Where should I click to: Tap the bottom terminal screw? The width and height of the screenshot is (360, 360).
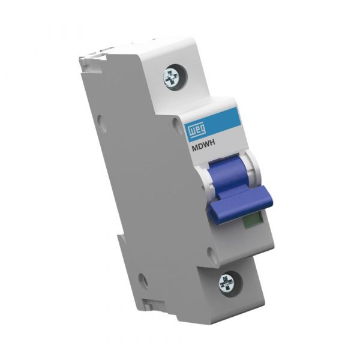tap(228, 281)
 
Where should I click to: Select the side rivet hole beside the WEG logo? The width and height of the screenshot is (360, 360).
tap(176, 123)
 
